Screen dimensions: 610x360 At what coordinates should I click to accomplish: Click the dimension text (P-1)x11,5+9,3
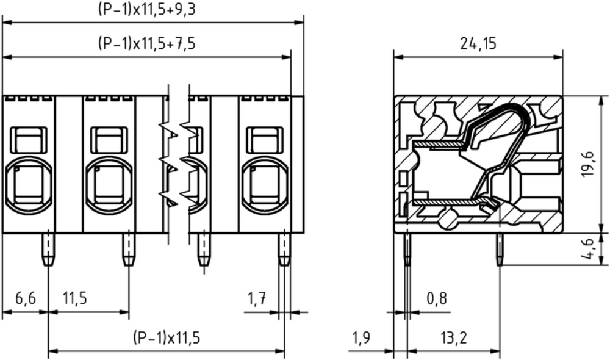click(x=146, y=9)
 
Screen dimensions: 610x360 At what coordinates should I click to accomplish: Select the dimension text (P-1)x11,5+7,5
click(x=146, y=43)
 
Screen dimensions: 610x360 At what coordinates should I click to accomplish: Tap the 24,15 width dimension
click(x=478, y=43)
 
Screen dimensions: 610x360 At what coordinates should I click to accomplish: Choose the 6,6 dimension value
click(x=25, y=298)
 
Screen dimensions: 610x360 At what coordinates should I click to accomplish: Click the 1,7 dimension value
click(x=257, y=298)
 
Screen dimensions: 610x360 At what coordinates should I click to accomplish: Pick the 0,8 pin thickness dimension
click(x=437, y=298)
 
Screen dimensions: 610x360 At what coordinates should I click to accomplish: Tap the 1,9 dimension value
click(x=361, y=337)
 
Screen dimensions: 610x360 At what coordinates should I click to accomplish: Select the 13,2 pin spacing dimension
click(x=454, y=337)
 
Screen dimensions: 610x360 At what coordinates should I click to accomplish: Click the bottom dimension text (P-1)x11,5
click(x=167, y=337)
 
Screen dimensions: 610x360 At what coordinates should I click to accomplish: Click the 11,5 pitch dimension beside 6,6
click(x=75, y=298)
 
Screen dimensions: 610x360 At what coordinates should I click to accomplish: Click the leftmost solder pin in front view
click(x=48, y=249)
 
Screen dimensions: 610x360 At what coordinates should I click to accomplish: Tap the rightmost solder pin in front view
click(x=284, y=249)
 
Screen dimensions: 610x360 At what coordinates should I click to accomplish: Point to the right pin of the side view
click(x=500, y=249)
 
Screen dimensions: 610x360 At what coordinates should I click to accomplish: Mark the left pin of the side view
click(x=407, y=249)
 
